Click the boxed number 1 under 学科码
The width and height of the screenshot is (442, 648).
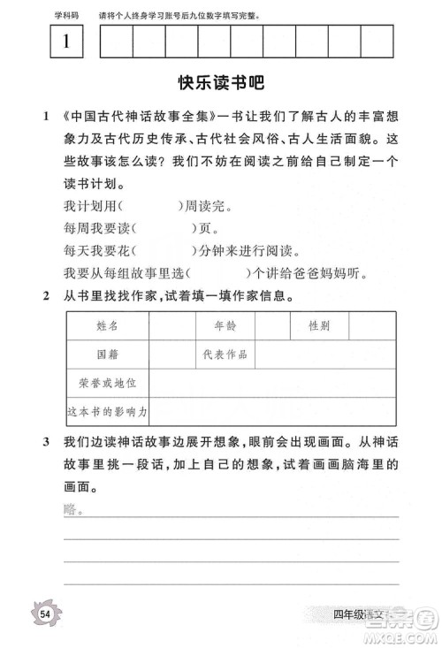coord(67,42)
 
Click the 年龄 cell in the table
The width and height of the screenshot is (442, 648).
coord(225,326)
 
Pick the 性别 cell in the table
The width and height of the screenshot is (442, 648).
coord(318,326)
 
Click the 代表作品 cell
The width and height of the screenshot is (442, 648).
coord(225,354)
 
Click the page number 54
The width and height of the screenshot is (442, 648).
coord(43,613)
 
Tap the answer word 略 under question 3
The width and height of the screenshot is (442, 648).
coord(71,510)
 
